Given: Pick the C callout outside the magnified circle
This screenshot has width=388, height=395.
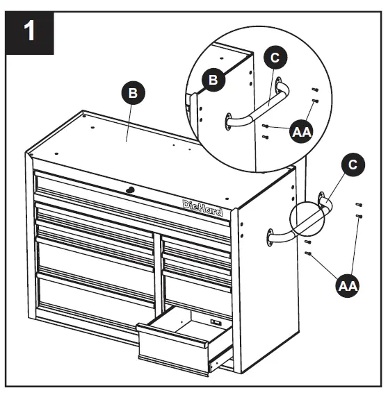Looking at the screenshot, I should (x=353, y=165).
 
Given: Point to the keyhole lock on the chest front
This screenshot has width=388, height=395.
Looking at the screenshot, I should (x=129, y=190).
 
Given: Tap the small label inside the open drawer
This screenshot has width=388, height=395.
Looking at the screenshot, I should (x=215, y=321).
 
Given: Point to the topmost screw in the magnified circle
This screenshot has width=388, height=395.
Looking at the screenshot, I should (x=315, y=90).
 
